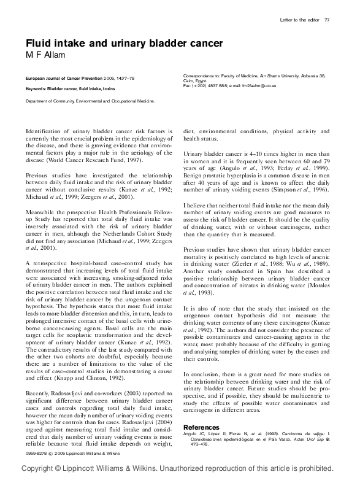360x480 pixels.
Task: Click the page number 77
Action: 327,20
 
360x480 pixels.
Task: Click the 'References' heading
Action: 201,427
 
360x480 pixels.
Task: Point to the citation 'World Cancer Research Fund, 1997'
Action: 98,160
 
